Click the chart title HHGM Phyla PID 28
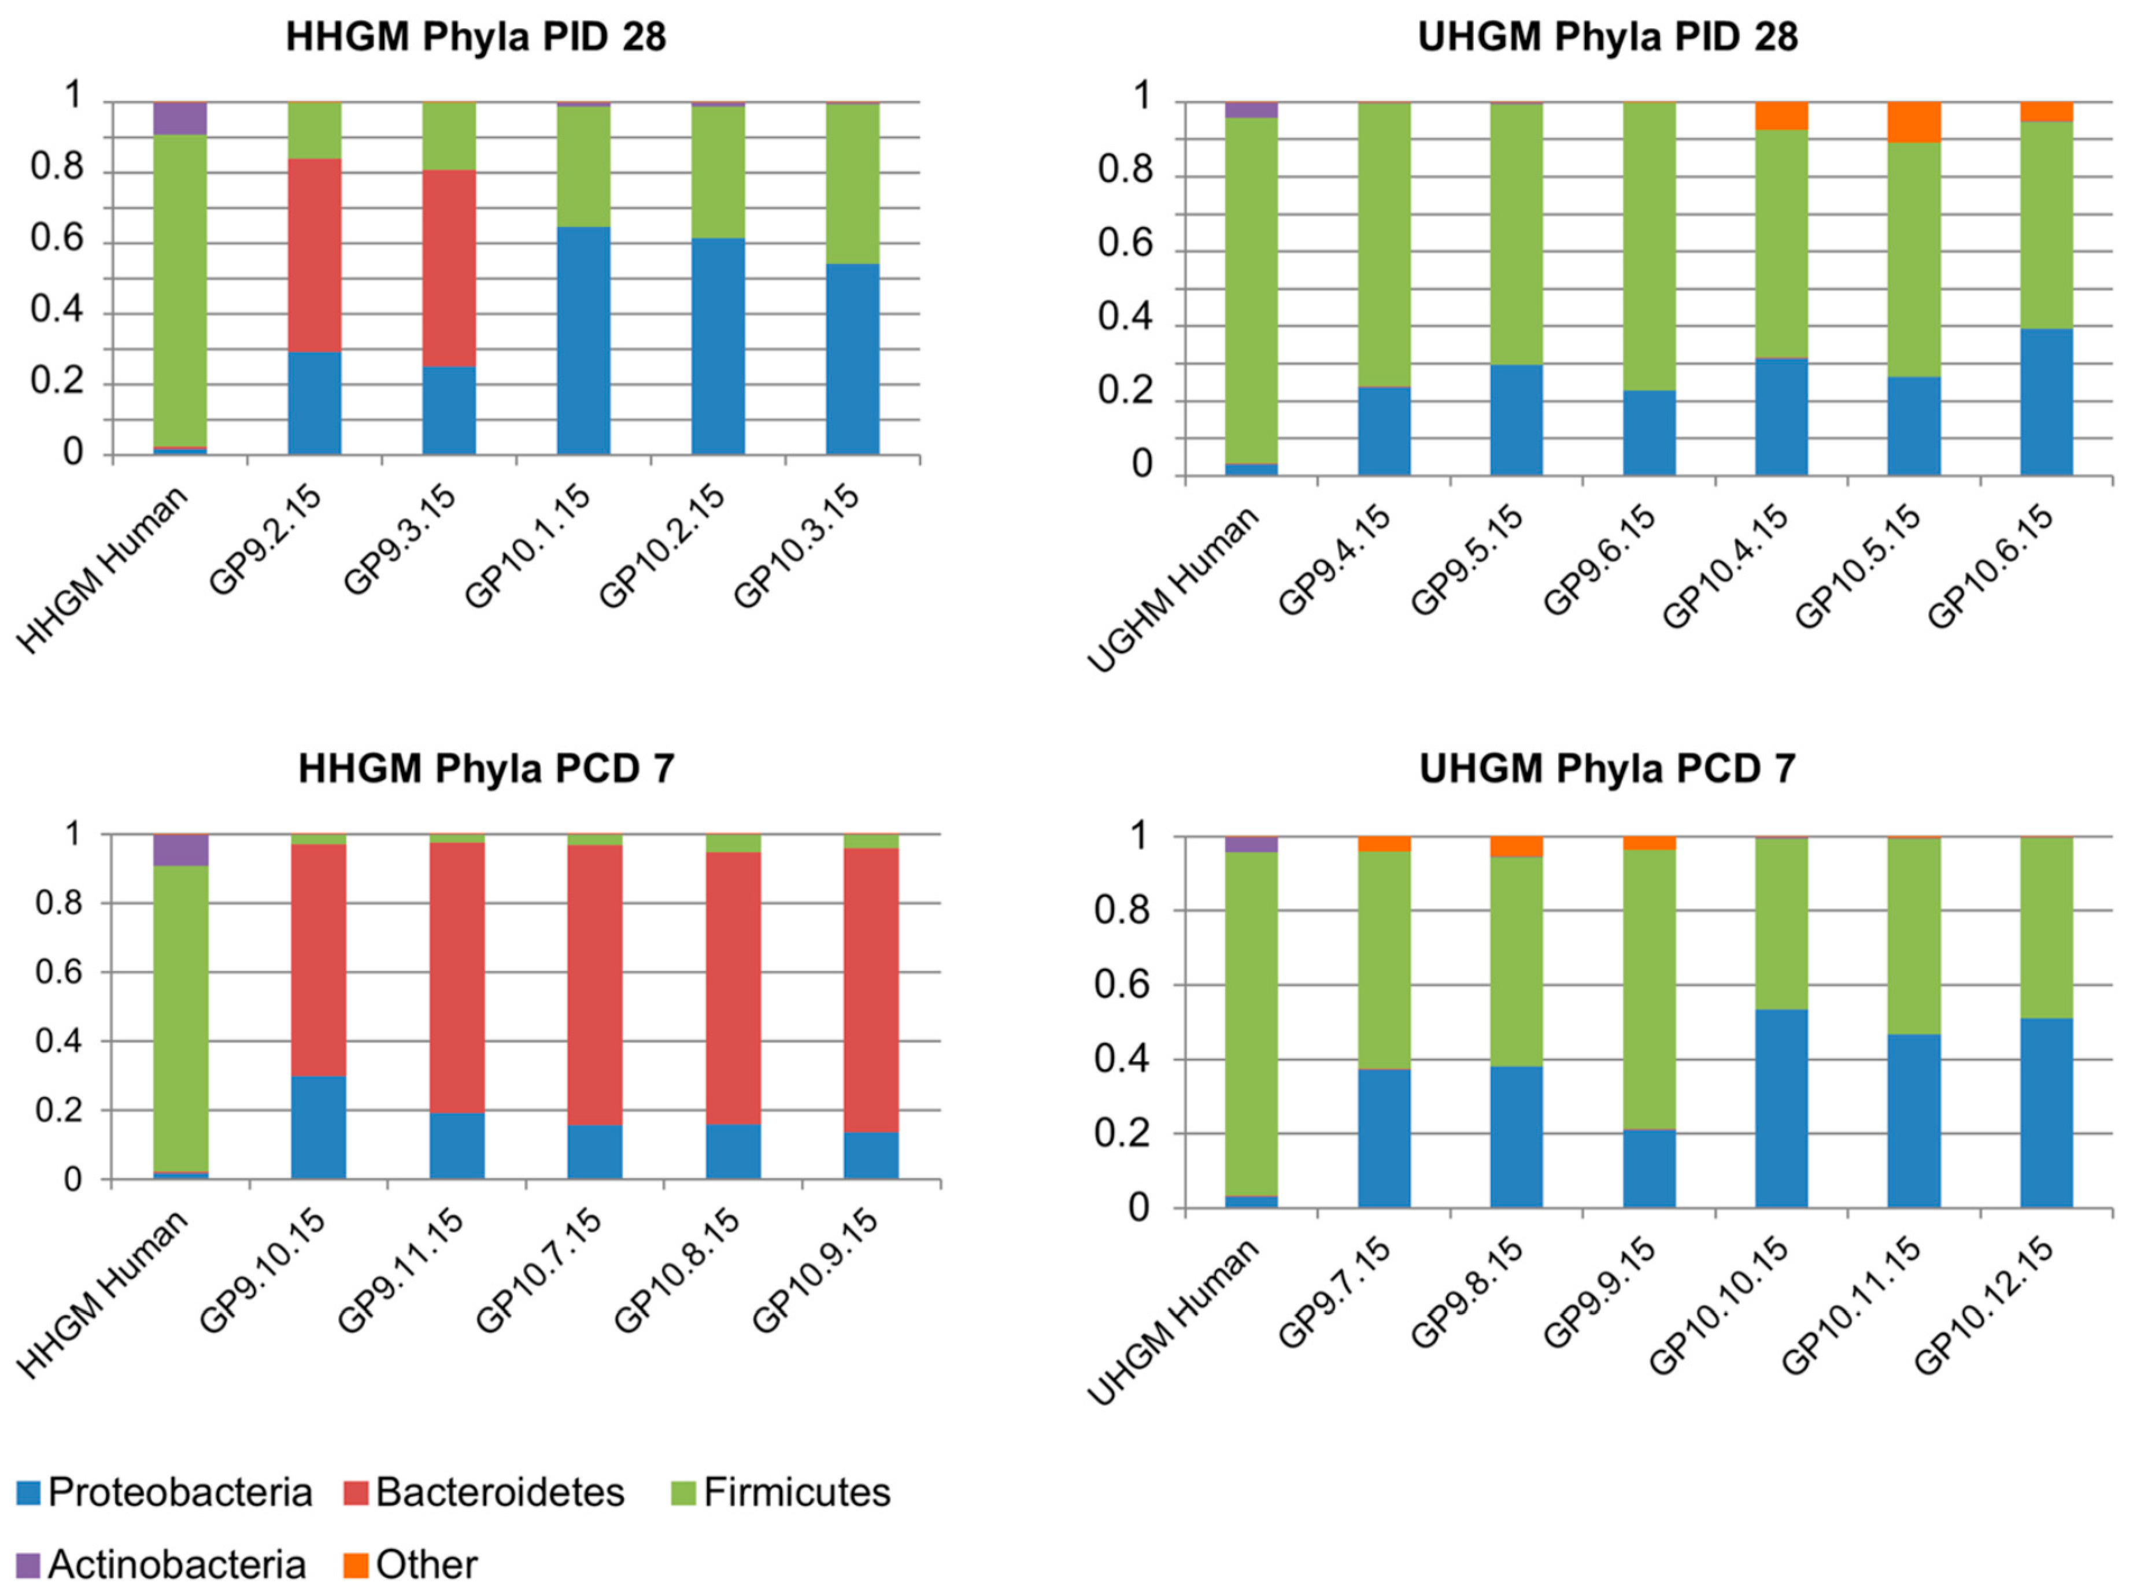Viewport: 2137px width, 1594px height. (x=476, y=36)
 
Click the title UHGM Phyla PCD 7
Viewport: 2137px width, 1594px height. (x=1607, y=769)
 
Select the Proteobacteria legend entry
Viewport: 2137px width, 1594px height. (x=164, y=1492)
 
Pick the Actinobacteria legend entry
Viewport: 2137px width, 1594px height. (x=161, y=1564)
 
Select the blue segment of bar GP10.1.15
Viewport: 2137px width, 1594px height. (x=583, y=340)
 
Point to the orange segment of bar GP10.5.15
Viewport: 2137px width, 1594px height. (x=1914, y=121)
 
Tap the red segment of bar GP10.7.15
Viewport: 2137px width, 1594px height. (x=594, y=984)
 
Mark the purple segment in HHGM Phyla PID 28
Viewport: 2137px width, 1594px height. (x=180, y=118)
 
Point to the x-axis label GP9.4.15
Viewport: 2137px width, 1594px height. (x=1335, y=559)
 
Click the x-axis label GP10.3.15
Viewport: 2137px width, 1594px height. (x=796, y=545)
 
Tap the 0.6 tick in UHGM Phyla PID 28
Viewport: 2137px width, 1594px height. (x=1125, y=243)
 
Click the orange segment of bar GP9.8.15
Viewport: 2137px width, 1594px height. (x=1517, y=846)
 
